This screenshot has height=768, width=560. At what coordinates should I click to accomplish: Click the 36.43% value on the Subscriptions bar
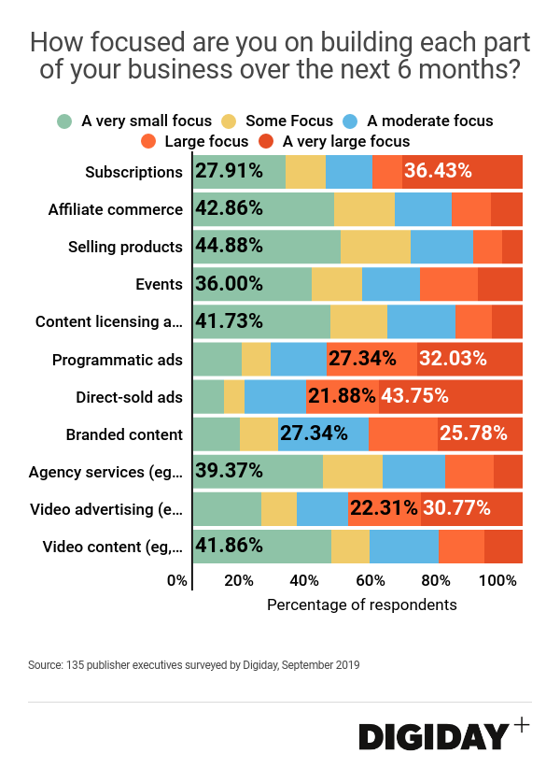point(438,172)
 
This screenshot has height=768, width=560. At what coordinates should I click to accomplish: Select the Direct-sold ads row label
point(130,397)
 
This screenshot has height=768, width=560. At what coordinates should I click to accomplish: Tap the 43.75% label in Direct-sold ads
point(415,396)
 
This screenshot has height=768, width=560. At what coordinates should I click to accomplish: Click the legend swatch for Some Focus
point(229,121)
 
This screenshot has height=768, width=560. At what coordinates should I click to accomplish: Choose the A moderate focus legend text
point(430,121)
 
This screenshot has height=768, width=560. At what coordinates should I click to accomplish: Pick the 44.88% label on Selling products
point(230,247)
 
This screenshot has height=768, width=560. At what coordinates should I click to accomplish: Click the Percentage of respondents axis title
point(362,604)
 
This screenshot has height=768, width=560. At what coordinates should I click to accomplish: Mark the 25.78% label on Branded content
point(473,434)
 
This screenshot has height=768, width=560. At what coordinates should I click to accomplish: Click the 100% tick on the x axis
point(497,580)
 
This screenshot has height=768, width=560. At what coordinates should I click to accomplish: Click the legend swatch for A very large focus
point(266,142)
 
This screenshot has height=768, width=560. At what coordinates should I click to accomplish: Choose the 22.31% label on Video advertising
point(384,508)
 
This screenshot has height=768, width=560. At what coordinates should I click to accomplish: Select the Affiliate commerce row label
point(116,209)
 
